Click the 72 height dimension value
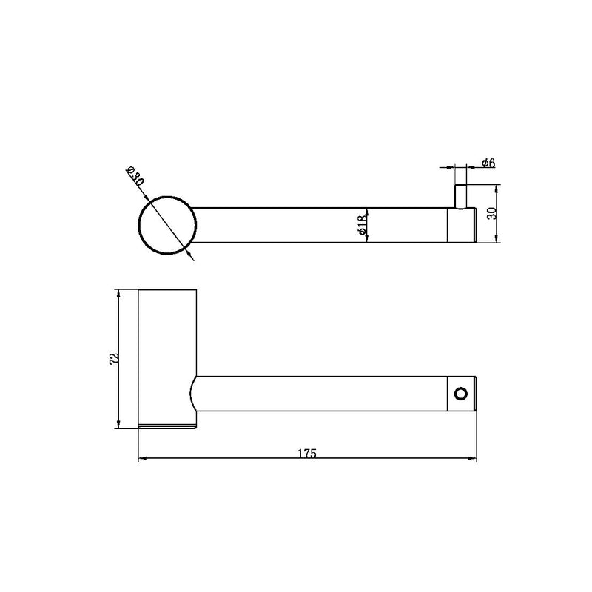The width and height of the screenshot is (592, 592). coord(113,358)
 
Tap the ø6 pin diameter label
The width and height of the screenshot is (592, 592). coord(488,163)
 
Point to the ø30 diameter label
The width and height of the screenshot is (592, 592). coord(135,178)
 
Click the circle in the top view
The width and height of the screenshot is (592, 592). coord(167,225)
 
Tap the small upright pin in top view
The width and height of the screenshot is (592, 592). coord(460,196)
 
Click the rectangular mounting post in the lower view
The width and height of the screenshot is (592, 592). coord(168,355)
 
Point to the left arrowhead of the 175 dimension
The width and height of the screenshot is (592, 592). coord(143,460)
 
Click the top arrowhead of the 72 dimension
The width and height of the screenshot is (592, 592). coord(118,293)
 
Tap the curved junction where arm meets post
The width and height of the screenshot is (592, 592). coord(194,393)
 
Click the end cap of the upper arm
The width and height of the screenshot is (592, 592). coord(462,225)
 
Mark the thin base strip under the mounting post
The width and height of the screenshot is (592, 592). coord(168,426)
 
